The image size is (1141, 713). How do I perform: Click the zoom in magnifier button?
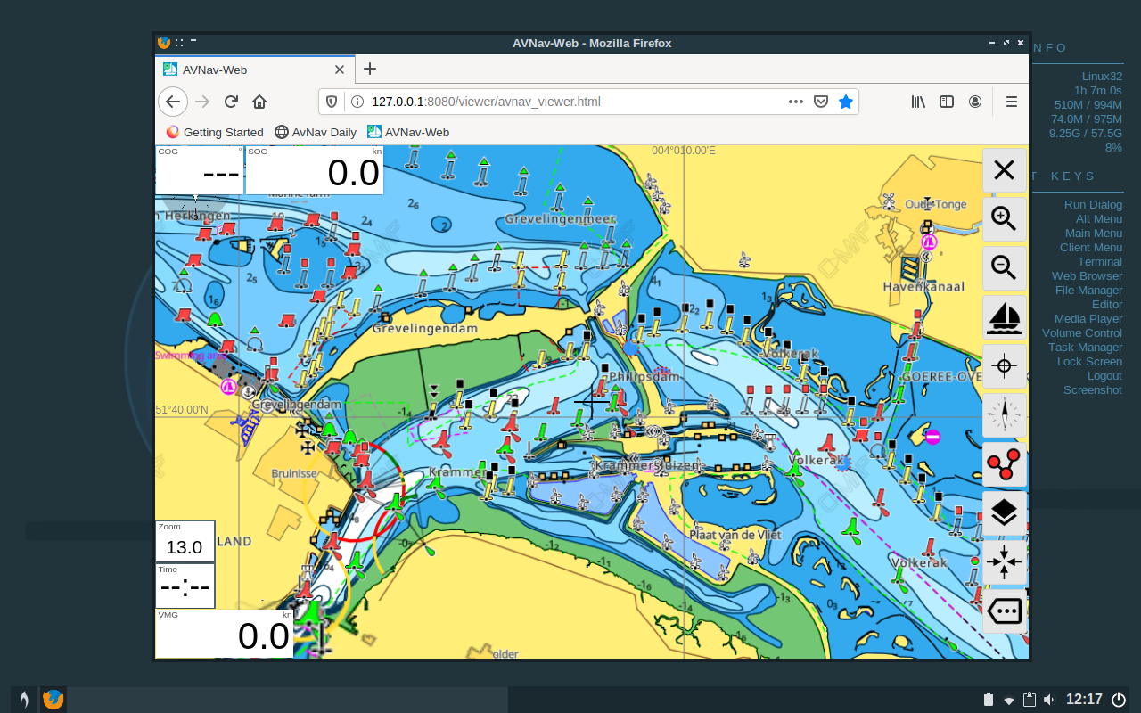1005,218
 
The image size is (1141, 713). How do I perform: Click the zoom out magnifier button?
1005,266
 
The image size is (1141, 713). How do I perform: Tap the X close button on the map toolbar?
1005,169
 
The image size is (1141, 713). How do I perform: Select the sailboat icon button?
1005,316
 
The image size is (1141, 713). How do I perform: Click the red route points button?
1005,463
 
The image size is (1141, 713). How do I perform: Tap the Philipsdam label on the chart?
644,376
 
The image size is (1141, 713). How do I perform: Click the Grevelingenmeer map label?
560,218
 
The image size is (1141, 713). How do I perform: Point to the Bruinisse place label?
294,474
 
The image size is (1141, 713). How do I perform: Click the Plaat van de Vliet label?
735,535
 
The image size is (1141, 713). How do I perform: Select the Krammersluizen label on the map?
647,466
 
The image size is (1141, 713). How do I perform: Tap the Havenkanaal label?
923,287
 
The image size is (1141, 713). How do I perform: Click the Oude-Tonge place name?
936,204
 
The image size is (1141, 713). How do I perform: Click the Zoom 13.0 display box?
185,542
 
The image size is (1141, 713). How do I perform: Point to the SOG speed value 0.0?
353,173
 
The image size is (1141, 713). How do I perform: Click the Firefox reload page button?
231,102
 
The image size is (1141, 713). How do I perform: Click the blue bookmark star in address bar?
846,102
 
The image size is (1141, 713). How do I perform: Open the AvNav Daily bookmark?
316,132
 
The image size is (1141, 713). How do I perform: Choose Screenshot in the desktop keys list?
1092,390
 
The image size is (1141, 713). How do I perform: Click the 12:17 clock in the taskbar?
1084,700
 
